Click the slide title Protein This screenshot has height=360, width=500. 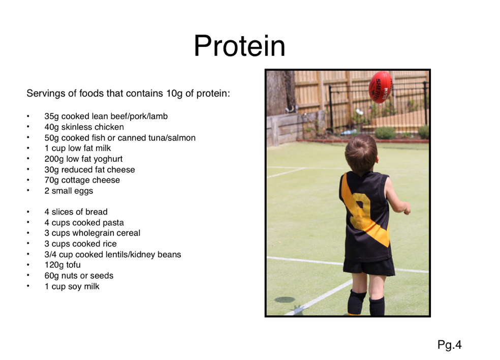pyautogui.click(x=239, y=46)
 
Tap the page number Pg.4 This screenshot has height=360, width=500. pyautogui.click(x=449, y=345)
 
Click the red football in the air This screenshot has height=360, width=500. pyautogui.click(x=380, y=87)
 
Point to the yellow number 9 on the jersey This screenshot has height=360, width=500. pyautogui.click(x=360, y=211)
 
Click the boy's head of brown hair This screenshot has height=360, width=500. pyautogui.click(x=361, y=154)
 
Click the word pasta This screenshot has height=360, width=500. pyautogui.click(x=113, y=223)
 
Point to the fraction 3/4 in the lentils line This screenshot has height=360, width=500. pyautogui.click(x=50, y=254)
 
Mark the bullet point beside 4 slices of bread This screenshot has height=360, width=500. pyautogui.click(x=28, y=212)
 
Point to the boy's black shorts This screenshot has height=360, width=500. pyautogui.click(x=369, y=266)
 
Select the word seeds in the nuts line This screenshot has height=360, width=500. pyautogui.click(x=103, y=276)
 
